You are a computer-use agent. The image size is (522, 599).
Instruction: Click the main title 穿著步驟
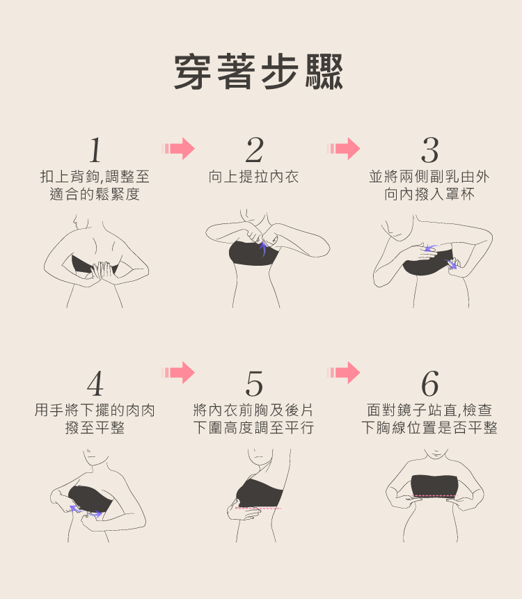click(x=259, y=72)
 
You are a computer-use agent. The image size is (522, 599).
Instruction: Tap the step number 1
click(x=95, y=150)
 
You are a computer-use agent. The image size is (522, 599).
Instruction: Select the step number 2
click(x=254, y=150)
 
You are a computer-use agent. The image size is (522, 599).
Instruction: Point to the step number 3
click(x=429, y=150)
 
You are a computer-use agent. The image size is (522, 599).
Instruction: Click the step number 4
click(x=95, y=383)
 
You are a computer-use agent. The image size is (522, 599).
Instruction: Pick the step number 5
click(x=254, y=383)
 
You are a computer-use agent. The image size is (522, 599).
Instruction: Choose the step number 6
click(x=429, y=383)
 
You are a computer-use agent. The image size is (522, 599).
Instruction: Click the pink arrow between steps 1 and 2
click(x=178, y=148)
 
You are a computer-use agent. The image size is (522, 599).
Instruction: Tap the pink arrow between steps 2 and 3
click(x=344, y=148)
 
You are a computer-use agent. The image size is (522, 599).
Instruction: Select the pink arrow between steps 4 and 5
click(x=178, y=372)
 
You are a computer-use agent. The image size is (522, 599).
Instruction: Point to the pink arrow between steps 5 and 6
click(x=344, y=372)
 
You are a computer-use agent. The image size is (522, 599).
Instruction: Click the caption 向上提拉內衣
click(x=254, y=177)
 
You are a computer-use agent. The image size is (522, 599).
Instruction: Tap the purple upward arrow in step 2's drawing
click(x=263, y=248)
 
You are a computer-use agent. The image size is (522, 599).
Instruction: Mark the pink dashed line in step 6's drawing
click(x=435, y=496)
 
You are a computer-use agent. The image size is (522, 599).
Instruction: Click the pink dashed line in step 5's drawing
click(x=258, y=509)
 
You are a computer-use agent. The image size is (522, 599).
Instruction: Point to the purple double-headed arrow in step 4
click(x=86, y=511)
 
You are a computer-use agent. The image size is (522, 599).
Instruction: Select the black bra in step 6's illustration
click(x=434, y=485)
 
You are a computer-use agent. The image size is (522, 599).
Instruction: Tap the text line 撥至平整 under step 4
click(x=95, y=427)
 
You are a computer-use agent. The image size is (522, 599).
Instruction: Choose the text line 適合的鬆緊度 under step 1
click(x=95, y=194)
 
